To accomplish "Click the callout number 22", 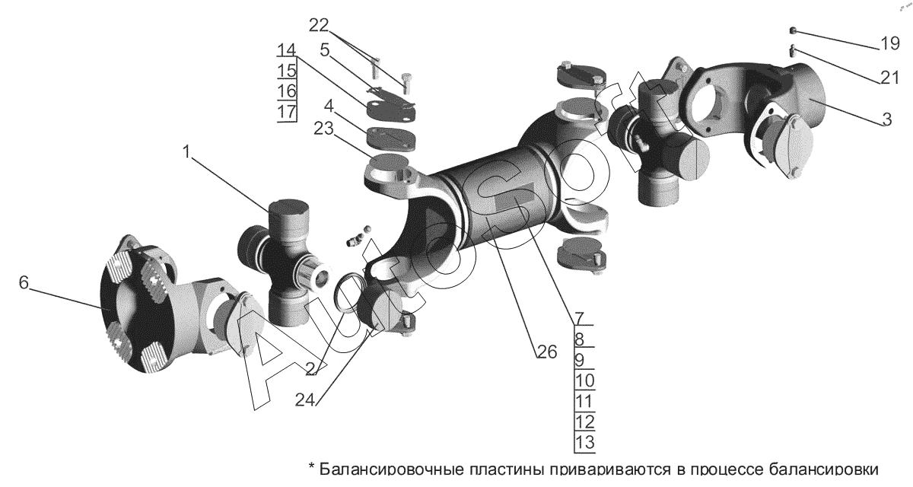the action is (x=318, y=25).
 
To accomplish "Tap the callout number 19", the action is (x=889, y=43).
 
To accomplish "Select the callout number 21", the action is (x=889, y=78).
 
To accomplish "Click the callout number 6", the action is (x=24, y=282).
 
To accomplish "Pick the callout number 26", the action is (x=547, y=352).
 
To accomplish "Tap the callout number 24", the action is (x=305, y=400).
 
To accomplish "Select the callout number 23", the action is (x=323, y=129).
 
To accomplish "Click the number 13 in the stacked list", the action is (x=585, y=442).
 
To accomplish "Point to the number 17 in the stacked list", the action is (x=287, y=111).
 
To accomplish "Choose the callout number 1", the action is (x=186, y=152).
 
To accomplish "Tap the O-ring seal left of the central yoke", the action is (x=347, y=294).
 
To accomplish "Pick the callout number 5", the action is (x=325, y=50).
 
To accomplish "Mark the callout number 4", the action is (x=329, y=107).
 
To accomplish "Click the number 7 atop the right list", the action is (x=580, y=318).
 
